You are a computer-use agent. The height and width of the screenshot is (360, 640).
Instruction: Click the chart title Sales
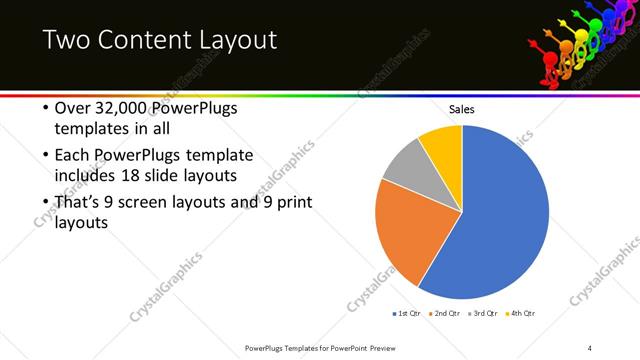point(461,109)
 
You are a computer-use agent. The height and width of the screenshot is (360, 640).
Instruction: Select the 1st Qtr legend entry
point(405,314)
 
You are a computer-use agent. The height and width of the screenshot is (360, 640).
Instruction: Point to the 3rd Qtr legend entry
point(482,314)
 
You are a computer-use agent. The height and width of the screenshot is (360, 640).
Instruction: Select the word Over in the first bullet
point(72,109)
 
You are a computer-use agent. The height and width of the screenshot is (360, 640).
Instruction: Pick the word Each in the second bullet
point(72,156)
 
